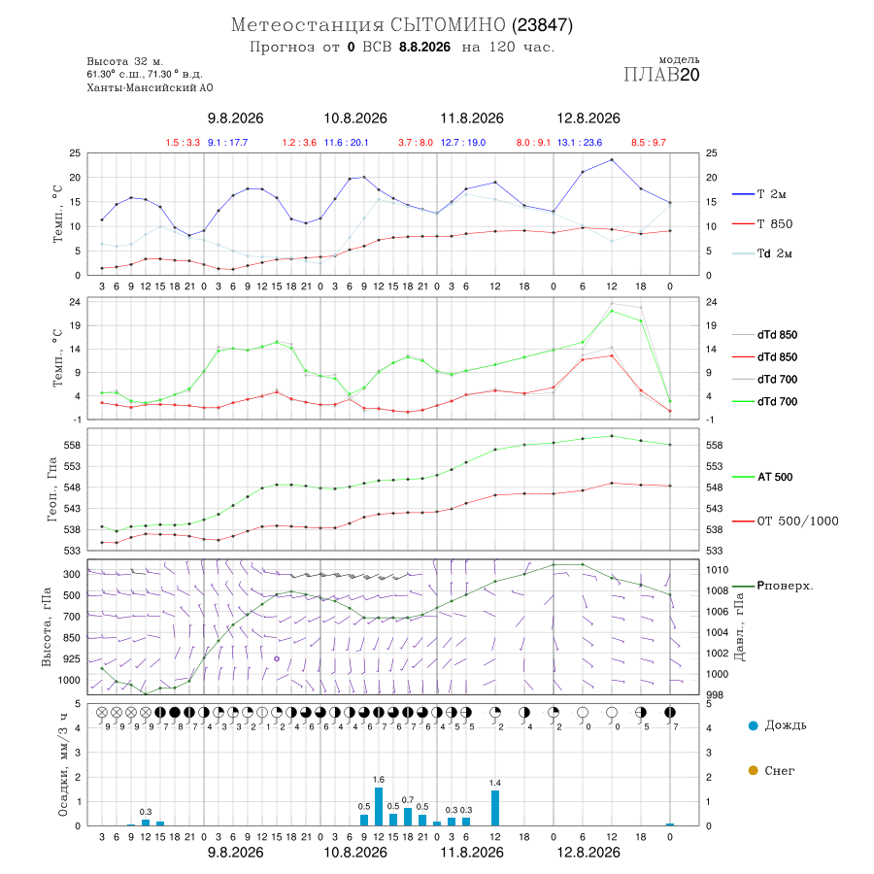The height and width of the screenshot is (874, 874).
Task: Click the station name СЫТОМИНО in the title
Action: point(448,25)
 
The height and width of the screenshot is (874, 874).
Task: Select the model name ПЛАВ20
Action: point(661,75)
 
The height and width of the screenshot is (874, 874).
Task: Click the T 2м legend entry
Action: point(759,194)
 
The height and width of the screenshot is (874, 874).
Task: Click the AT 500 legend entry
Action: point(762,477)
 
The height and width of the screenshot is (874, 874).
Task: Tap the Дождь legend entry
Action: point(778,725)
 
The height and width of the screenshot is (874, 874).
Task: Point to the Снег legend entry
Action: point(771,770)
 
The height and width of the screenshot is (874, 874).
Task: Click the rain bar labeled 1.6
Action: point(379,807)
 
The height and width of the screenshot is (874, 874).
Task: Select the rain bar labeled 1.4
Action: point(495,808)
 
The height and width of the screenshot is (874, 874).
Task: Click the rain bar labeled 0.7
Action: point(408,817)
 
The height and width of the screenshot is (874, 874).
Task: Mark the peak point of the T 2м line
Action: point(612,160)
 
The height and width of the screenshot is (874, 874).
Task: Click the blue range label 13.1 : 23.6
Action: point(580,143)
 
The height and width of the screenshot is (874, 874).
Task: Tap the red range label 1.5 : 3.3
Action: point(183,143)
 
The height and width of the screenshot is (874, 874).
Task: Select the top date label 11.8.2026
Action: point(472,118)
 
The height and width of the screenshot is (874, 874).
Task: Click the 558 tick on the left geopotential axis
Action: point(74,446)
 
